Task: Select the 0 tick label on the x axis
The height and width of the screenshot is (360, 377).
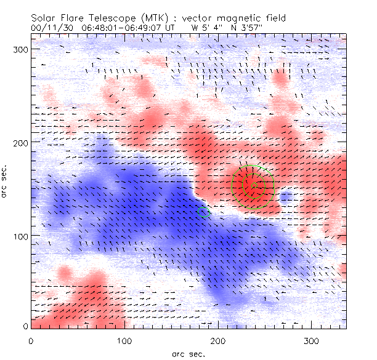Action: (31, 340)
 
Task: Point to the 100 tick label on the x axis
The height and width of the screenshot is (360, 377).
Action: (125, 340)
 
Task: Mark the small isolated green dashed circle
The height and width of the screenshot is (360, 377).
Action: (204, 212)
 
